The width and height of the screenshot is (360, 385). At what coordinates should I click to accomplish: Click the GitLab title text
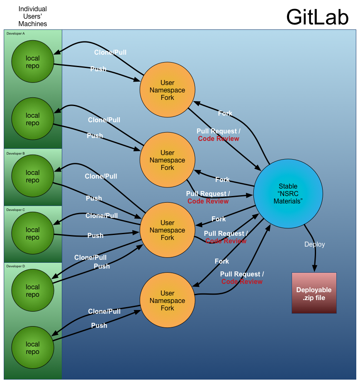(x=317, y=17)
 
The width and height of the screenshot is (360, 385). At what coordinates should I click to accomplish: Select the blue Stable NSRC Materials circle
(x=288, y=194)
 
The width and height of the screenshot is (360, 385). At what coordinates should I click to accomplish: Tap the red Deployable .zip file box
(x=314, y=293)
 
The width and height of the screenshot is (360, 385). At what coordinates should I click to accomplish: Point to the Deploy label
(x=315, y=245)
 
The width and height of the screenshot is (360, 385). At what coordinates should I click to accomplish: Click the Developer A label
(x=16, y=33)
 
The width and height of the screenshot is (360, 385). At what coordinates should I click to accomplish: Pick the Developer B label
(x=16, y=153)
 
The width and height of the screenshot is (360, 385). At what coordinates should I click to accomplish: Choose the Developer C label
(x=16, y=210)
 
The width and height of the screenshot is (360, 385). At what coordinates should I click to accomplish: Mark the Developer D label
(x=16, y=266)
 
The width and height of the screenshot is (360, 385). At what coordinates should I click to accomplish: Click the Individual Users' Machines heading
(x=33, y=16)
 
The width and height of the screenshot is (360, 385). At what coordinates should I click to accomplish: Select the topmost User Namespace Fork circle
(x=168, y=90)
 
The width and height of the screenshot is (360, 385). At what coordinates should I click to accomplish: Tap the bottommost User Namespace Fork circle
(x=168, y=301)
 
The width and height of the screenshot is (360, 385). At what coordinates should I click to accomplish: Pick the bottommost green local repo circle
(x=33, y=348)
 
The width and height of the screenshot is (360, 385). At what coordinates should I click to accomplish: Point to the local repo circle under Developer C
(x=33, y=234)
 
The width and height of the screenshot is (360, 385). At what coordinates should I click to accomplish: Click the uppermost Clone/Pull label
(x=110, y=53)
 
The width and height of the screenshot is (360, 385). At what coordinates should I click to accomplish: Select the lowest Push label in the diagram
(x=99, y=326)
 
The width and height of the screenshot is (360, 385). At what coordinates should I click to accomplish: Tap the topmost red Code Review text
(x=219, y=139)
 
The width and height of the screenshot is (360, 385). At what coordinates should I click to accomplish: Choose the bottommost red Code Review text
(x=242, y=282)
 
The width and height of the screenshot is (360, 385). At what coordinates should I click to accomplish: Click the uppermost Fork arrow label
(x=225, y=113)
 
